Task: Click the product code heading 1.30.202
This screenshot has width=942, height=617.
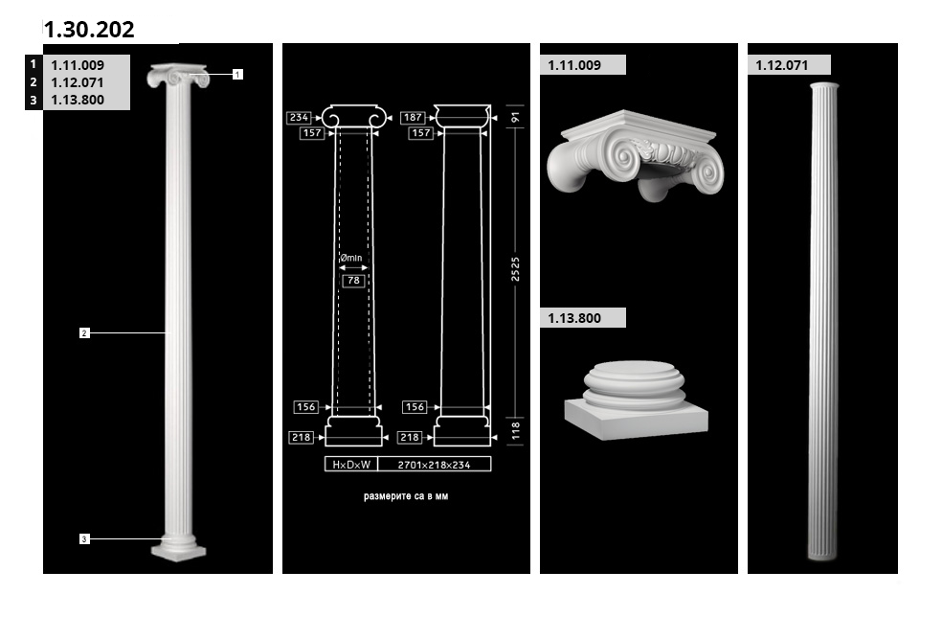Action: [x=89, y=30]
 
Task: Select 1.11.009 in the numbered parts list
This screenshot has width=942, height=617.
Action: [x=78, y=65]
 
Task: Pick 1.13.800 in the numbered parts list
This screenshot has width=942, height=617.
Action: [x=78, y=100]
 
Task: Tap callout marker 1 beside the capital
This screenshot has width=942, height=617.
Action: [x=238, y=75]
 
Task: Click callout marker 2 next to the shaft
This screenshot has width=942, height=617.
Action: [x=84, y=332]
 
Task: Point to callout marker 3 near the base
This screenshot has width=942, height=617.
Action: [x=84, y=538]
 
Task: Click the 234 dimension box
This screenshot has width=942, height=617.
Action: [x=299, y=117]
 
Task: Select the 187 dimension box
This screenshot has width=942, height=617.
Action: [x=413, y=117]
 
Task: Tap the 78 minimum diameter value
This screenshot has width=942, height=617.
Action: [x=354, y=280]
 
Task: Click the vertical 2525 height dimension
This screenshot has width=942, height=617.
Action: [x=515, y=269]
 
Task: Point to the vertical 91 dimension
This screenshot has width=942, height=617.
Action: [x=515, y=117]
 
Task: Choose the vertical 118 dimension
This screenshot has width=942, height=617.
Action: [x=515, y=430]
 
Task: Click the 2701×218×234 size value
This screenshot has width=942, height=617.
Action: [x=435, y=465]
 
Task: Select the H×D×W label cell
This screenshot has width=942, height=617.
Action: [x=351, y=465]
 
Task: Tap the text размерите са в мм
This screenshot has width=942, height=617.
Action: [x=406, y=496]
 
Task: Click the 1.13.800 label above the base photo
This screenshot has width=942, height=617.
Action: [x=574, y=318]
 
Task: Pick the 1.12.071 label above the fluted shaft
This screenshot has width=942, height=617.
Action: [x=781, y=65]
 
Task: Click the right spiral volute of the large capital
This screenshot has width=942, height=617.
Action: [x=707, y=171]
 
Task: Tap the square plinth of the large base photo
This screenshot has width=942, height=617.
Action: [x=637, y=419]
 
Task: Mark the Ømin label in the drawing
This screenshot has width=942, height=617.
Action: [x=350, y=258]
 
